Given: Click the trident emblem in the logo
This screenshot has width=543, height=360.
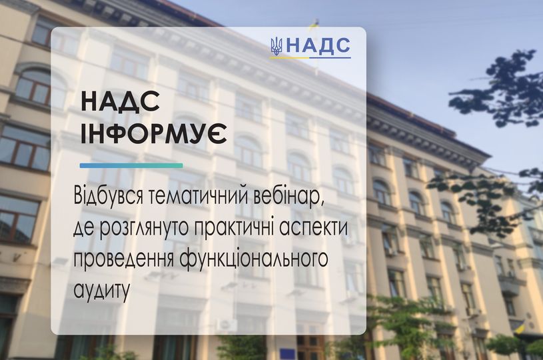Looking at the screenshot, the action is point(276,46).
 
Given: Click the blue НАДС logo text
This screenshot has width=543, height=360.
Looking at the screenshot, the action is point(318,46).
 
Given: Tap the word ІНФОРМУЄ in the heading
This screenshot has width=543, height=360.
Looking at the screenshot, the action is point(154,133).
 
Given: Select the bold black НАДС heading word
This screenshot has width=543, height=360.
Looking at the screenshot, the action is point(120,102).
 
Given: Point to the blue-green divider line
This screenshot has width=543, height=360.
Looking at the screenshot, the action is point(131,165).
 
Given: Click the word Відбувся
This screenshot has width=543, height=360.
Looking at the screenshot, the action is point(108,197).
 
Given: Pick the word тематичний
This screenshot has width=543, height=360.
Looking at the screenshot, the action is point(199,197).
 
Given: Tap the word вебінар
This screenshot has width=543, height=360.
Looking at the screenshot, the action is point(288,197).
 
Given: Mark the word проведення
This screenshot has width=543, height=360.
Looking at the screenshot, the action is point(123,260).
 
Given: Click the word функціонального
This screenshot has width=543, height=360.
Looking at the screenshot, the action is point(253,260).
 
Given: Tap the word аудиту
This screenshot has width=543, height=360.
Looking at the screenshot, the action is point(101,291).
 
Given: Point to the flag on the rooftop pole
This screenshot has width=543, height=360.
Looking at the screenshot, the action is point(314,25).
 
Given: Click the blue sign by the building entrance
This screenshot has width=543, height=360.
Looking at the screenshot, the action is point(287,354).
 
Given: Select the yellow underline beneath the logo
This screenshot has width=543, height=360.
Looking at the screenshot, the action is point(290,58).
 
